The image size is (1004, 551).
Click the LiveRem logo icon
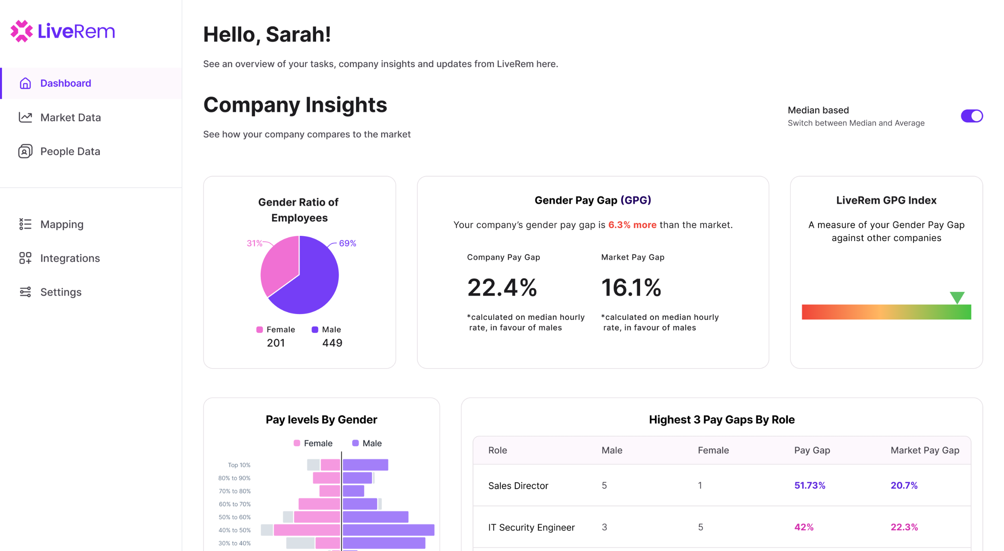pyautogui.click(x=21, y=31)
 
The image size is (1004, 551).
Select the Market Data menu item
pyautogui.click(x=70, y=117)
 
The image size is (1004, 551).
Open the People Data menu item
pyautogui.click(x=70, y=152)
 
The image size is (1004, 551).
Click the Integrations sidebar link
pyautogui.click(x=70, y=258)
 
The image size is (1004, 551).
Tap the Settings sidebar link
pyautogui.click(x=61, y=292)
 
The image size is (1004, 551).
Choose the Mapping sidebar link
pyautogui.click(x=62, y=224)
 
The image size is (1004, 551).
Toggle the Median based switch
pyautogui.click(x=971, y=116)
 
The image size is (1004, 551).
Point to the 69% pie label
pyautogui.click(x=347, y=243)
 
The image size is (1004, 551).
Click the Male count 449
pyautogui.click(x=332, y=343)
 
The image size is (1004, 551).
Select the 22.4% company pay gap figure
pyautogui.click(x=502, y=288)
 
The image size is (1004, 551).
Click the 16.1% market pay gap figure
pyautogui.click(x=631, y=288)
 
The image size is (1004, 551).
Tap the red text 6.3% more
pyautogui.click(x=632, y=225)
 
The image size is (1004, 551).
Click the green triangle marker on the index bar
pyautogui.click(x=957, y=297)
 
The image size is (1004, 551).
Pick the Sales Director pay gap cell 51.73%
pyautogui.click(x=809, y=485)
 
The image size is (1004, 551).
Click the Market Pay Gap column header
pyautogui.click(x=924, y=450)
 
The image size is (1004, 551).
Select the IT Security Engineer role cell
pyautogui.click(x=531, y=527)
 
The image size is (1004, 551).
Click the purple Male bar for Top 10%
pyautogui.click(x=365, y=465)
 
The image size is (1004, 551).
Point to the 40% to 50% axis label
pyautogui.click(x=235, y=530)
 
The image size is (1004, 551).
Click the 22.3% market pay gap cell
pyautogui.click(x=904, y=527)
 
